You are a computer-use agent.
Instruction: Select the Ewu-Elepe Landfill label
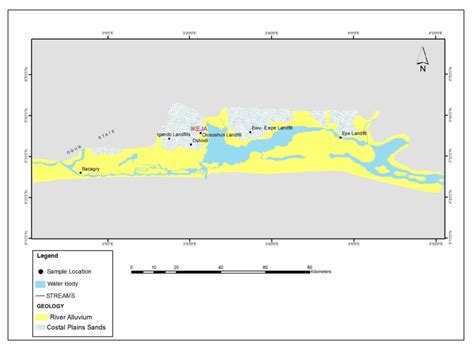pyautogui.click(x=271, y=128)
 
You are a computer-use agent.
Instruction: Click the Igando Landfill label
pyautogui.click(x=173, y=134)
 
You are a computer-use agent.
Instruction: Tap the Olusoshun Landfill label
pyautogui.click(x=221, y=134)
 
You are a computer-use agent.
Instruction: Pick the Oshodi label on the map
pyautogui.click(x=200, y=141)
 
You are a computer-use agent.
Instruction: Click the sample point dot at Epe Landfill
pyautogui.click(x=341, y=137)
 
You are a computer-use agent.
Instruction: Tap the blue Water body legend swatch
pyautogui.click(x=41, y=284)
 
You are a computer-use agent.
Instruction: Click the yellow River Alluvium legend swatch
pyautogui.click(x=41, y=317)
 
